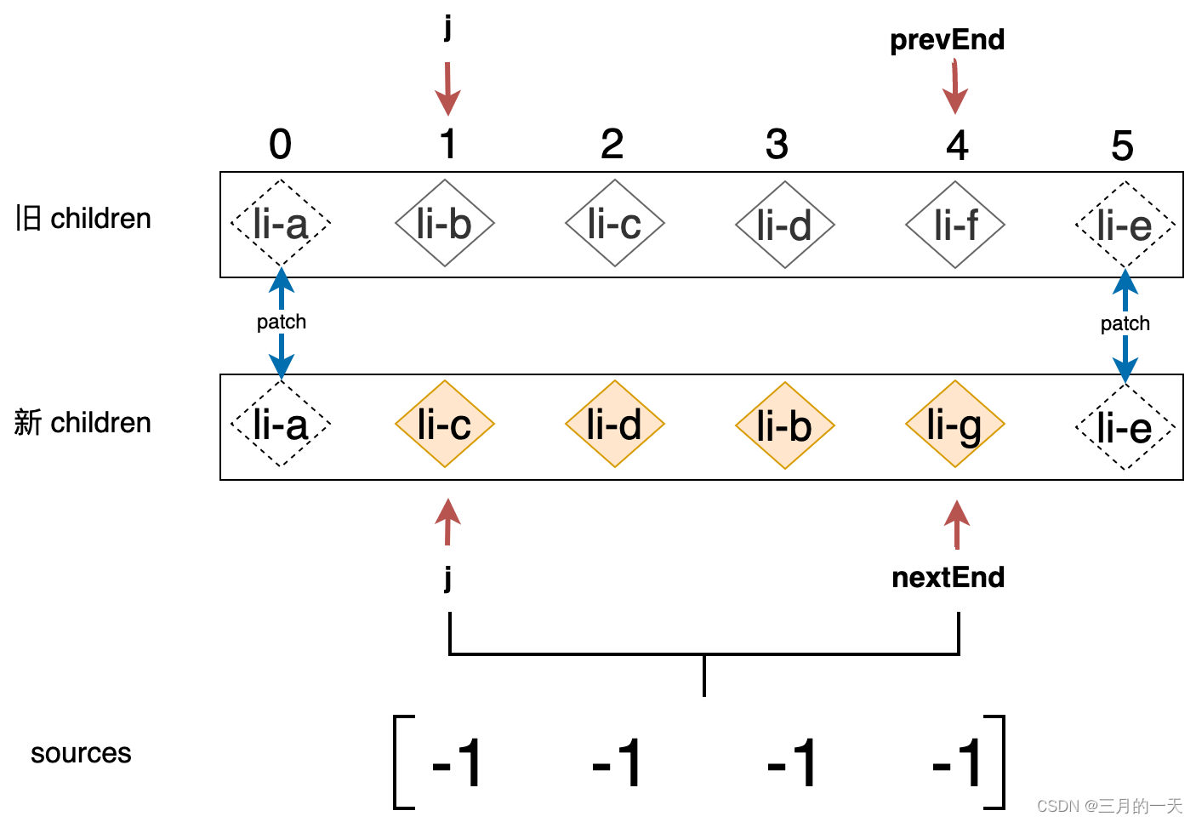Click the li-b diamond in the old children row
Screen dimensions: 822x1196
(x=444, y=224)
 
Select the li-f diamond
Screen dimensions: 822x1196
(x=955, y=225)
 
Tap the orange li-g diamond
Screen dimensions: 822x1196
(x=954, y=425)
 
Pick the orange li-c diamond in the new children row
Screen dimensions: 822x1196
(x=444, y=425)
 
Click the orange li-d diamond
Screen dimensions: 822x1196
(x=614, y=425)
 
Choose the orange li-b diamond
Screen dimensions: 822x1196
(x=784, y=425)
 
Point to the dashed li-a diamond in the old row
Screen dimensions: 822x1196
(x=280, y=224)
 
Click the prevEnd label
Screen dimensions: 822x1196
(x=947, y=40)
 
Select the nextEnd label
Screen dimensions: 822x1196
(x=948, y=578)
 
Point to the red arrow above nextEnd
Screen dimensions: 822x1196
(x=957, y=523)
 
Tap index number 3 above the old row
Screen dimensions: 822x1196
(x=777, y=146)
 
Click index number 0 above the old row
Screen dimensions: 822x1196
(x=280, y=145)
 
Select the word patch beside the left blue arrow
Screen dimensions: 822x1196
(x=282, y=322)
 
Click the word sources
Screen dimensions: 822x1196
(x=81, y=753)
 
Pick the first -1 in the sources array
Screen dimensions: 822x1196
(x=457, y=762)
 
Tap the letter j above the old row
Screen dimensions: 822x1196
(x=447, y=27)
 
